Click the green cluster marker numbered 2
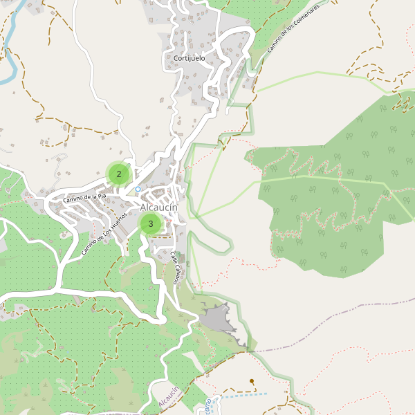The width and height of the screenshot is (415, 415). [x=119, y=174]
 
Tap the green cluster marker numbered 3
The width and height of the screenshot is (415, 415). [x=151, y=223]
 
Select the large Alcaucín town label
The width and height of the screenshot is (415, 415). [x=159, y=207]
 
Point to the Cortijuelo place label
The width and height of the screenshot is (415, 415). [x=189, y=59]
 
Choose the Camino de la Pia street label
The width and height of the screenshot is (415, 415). [x=84, y=198]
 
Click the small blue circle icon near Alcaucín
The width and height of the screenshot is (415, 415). [x=138, y=189]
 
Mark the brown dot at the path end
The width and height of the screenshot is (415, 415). [x=252, y=381]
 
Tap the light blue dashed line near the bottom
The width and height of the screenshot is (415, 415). [x=242, y=396]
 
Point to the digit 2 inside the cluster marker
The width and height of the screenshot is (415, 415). [x=119, y=174]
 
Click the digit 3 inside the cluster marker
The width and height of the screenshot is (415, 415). [x=151, y=223]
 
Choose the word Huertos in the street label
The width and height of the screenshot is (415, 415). [x=116, y=223]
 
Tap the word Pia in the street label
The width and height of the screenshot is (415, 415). [x=102, y=196]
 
